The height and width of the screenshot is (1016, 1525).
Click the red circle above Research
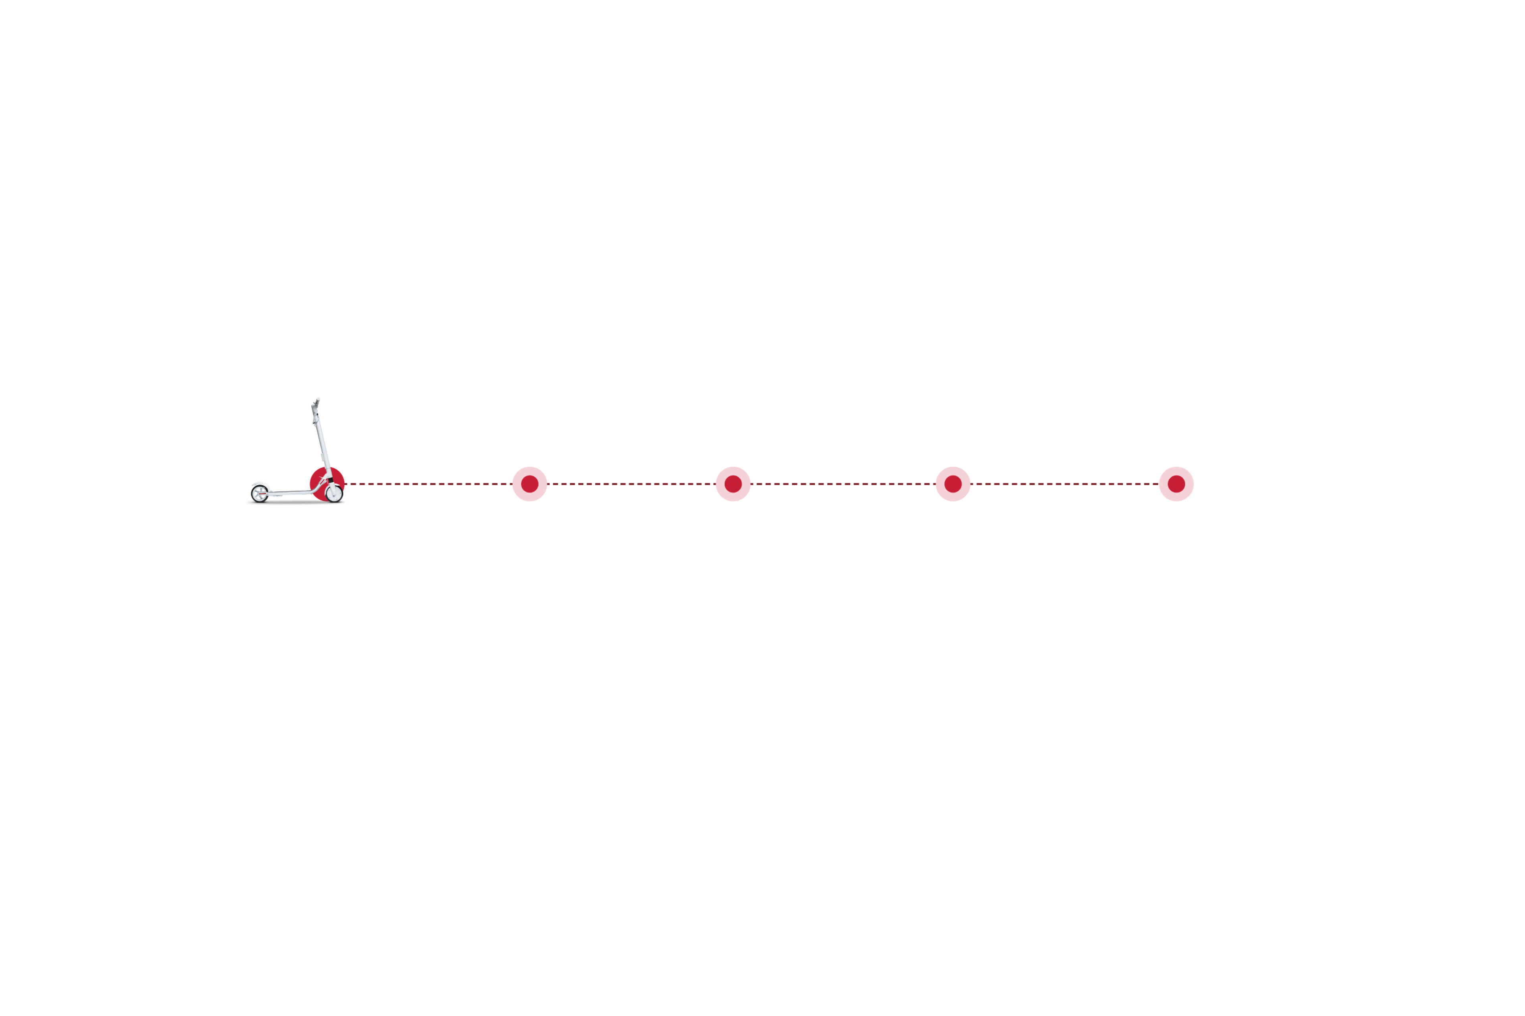pos(530,484)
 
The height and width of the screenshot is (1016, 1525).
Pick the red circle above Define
pos(733,484)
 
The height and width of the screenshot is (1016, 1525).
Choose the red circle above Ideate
pos(952,484)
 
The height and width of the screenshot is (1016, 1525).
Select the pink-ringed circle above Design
pos(1176,484)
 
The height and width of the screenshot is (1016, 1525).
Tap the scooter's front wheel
pos(334,493)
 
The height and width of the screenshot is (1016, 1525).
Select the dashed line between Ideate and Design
pos(1064,484)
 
